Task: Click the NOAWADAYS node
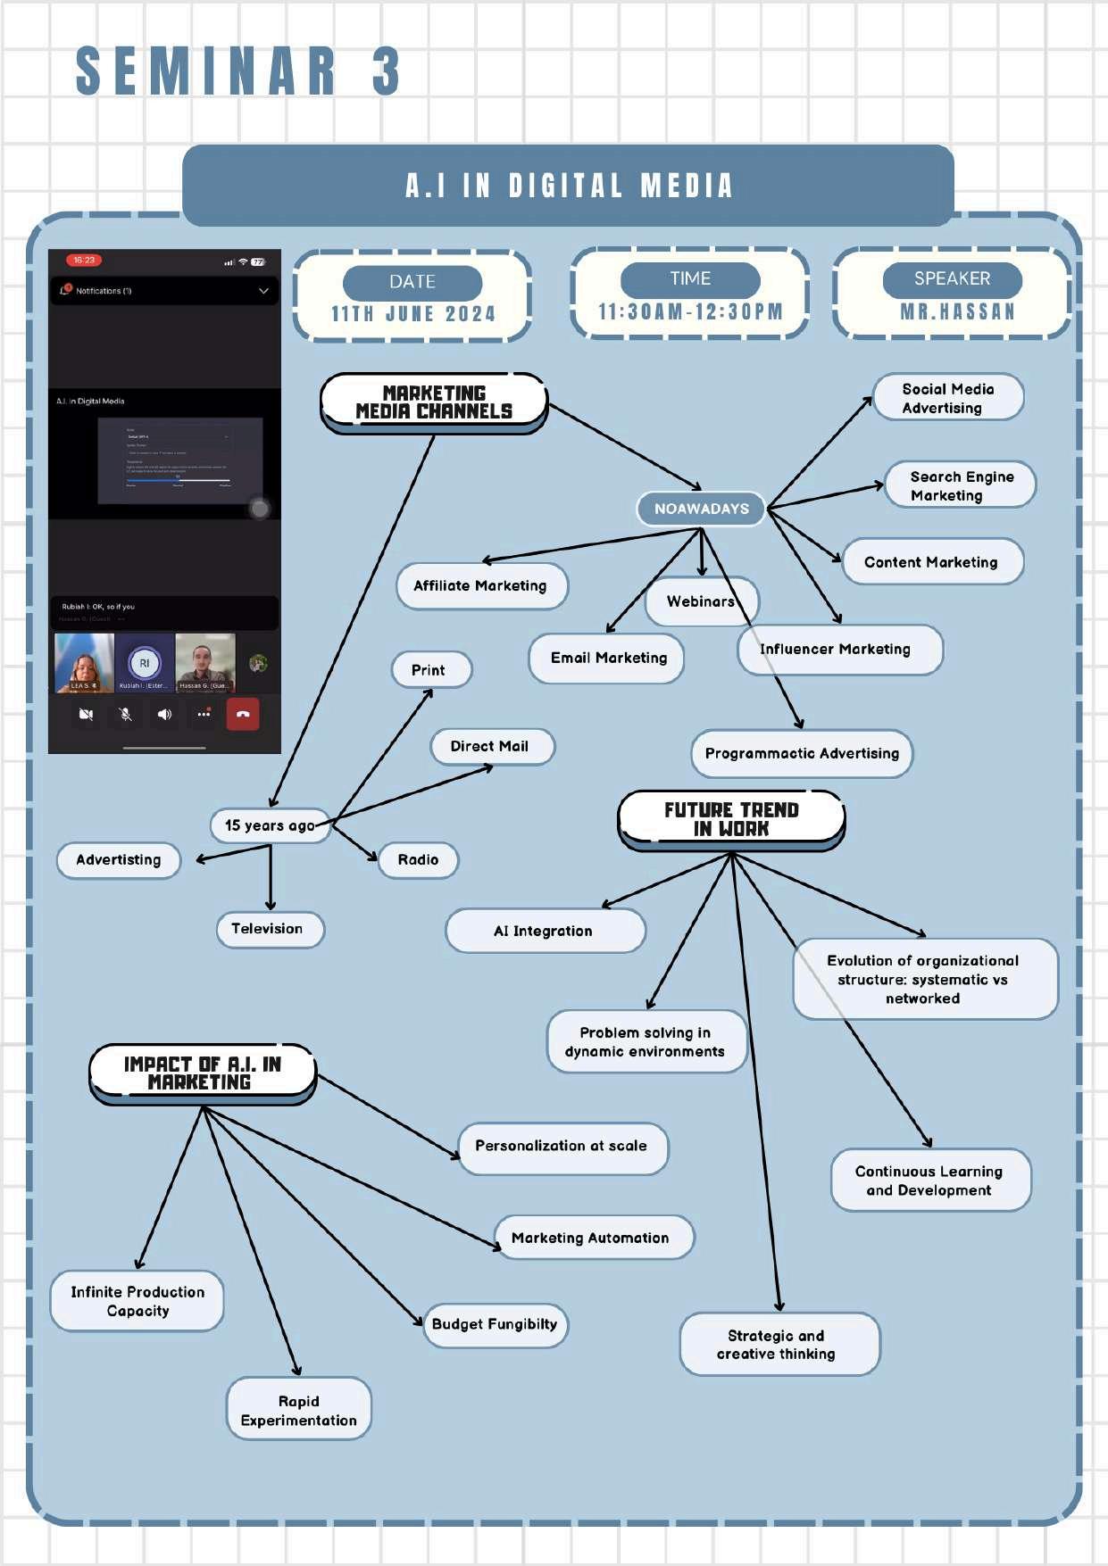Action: tap(701, 509)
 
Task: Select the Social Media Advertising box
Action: tap(947, 397)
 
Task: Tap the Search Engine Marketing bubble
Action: tap(960, 485)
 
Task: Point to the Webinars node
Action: tap(701, 601)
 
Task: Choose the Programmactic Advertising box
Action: tap(802, 753)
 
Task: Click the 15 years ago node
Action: tap(270, 825)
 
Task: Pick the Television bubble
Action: tap(269, 929)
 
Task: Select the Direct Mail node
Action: tap(490, 746)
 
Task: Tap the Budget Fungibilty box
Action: tap(495, 1324)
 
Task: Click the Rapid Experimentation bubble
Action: tap(298, 1410)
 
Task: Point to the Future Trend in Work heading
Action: tap(731, 819)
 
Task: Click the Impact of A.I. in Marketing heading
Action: tap(202, 1073)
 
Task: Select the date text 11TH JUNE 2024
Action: tap(412, 314)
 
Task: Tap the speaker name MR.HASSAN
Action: tap(957, 312)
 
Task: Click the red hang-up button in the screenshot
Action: tap(243, 714)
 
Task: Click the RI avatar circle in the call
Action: tap(144, 663)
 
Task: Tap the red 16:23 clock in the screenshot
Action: tap(84, 261)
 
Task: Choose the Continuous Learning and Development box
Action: tap(929, 1180)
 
